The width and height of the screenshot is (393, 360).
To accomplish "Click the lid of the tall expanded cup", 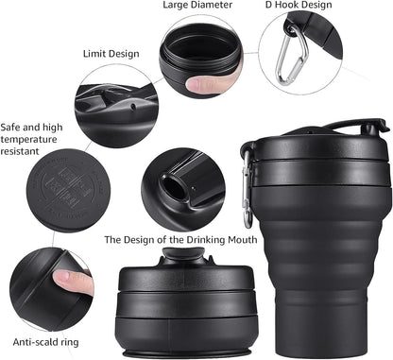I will point(316,142).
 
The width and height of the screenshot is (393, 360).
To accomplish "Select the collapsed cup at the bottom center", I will point(175,302).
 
